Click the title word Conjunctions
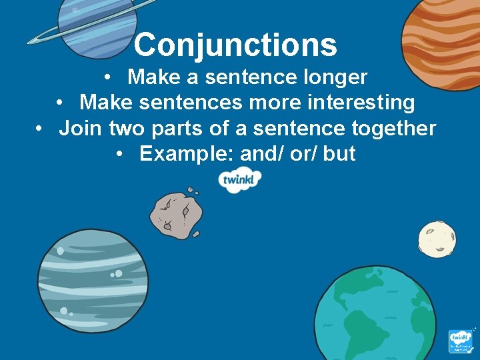click(235, 45)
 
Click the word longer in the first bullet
click(334, 77)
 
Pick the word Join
click(76, 128)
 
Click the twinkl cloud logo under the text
click(241, 180)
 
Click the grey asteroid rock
click(175, 213)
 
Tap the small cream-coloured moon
click(437, 239)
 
